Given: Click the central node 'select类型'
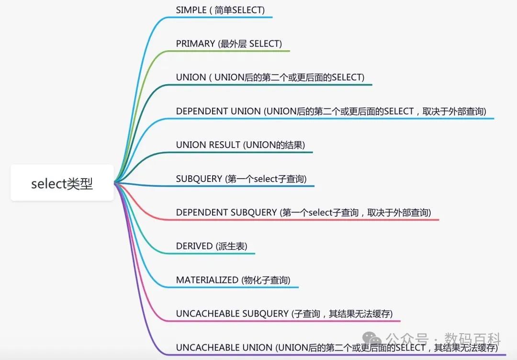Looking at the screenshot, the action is (62, 183).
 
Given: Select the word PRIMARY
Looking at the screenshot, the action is (195, 44).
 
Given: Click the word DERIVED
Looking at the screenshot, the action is (194, 246).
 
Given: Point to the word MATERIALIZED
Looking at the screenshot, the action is (207, 280).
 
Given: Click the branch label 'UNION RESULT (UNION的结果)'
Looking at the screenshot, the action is (240, 145).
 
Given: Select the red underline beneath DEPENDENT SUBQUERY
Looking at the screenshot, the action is (306, 220).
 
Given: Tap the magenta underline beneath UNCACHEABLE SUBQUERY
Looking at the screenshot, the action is (287, 321).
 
